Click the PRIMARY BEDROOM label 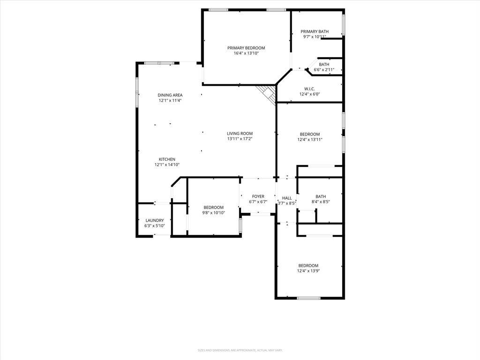pos(246,48)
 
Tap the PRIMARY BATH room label pos(315,31)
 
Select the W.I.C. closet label pos(309,89)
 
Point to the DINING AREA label pos(170,95)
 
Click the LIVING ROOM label pos(240,134)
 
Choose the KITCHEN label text pos(167,159)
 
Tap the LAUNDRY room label pos(154,220)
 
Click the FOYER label pos(258,196)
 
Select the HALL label pos(287,198)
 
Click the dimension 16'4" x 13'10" pos(246,53)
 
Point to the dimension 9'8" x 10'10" pos(213,213)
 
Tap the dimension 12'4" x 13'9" pos(308,270)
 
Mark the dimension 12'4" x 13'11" pos(310,139)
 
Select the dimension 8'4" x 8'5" pos(321,202)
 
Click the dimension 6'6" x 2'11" pos(324,70)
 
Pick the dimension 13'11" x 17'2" pos(240,139)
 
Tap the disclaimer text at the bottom pos(240,350)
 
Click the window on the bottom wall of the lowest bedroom pos(308,298)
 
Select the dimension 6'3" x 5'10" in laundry pos(154,226)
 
